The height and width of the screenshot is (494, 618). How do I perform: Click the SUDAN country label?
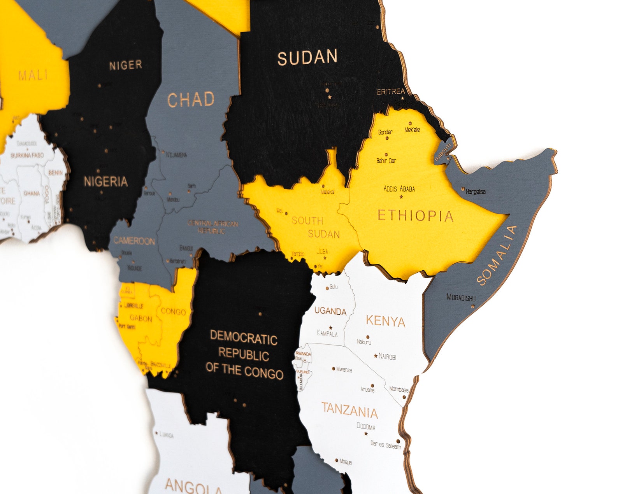coord(307,58)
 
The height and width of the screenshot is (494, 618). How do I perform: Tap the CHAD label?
coord(191,100)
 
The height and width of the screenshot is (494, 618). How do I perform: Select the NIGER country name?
coord(125,65)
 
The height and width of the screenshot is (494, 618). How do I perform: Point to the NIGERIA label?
coord(105,181)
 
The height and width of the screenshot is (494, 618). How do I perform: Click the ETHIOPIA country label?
coord(415,215)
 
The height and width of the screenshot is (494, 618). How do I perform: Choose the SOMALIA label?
coord(497,256)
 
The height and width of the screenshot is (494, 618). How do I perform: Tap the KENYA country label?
coord(385,321)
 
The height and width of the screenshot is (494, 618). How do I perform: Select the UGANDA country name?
coord(330,311)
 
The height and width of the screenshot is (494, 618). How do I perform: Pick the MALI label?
coord(33,75)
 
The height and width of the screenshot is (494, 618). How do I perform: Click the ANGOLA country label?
coord(193,486)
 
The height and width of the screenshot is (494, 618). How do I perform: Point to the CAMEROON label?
coord(134,241)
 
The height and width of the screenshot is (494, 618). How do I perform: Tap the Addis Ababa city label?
coord(399,189)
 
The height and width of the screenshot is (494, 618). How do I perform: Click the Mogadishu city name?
coord(461,298)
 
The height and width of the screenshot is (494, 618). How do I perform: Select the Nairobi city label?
coord(387,356)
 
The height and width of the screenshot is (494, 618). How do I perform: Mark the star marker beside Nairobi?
coord(376,356)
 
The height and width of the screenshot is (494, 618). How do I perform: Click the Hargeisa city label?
coord(476,192)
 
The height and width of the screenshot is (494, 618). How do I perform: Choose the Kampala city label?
coord(327,334)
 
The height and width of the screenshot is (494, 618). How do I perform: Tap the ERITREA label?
coord(391,92)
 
